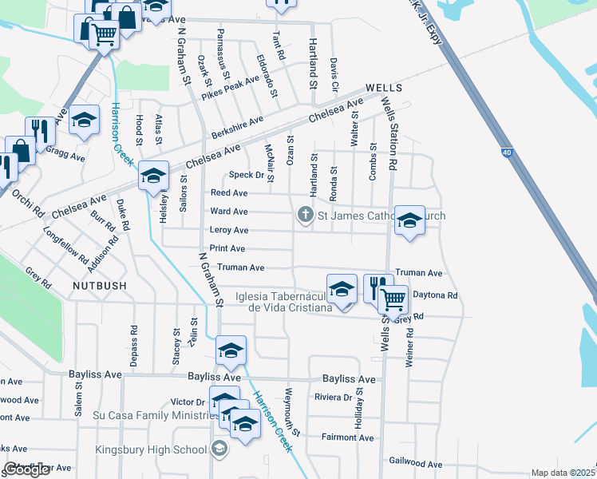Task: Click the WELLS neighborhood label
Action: (x=384, y=88)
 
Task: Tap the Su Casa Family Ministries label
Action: (x=148, y=415)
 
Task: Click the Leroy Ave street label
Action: (x=228, y=231)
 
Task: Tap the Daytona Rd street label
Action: (x=439, y=295)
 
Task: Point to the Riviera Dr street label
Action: (x=334, y=398)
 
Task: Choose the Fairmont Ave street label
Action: (x=347, y=437)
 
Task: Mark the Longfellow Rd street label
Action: (x=66, y=247)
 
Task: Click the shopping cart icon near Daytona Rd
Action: (x=392, y=299)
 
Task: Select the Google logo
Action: (x=26, y=469)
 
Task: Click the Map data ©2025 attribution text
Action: (x=563, y=473)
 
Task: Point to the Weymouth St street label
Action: (x=291, y=412)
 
